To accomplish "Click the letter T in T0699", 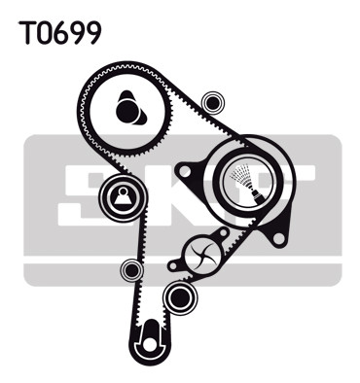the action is pyautogui.click(x=26, y=33).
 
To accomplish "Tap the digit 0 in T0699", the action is pyautogui.click(x=44, y=33).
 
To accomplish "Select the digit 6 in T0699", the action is pyautogui.click(x=60, y=33).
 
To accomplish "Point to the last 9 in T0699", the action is pyautogui.click(x=94, y=33).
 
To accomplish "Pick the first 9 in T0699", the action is pyautogui.click(x=77, y=33).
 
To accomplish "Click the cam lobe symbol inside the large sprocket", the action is pyautogui.click(x=130, y=109).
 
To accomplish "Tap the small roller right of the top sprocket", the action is pyautogui.click(x=213, y=103).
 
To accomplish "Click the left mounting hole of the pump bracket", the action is pyautogui.click(x=185, y=171).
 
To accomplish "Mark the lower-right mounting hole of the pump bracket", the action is pyautogui.click(x=278, y=238).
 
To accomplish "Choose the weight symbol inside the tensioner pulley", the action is pyautogui.click(x=124, y=196).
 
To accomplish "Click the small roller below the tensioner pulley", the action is pyautogui.click(x=131, y=270).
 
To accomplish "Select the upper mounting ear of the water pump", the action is pyautogui.click(x=223, y=232).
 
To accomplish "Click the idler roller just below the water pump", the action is pyautogui.click(x=180, y=296).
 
